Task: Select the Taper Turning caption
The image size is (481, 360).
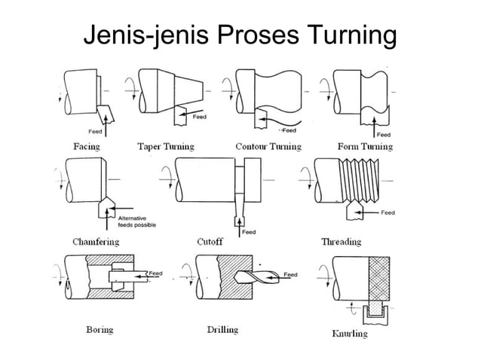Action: click(x=166, y=147)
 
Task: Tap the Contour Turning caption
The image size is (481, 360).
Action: click(x=268, y=147)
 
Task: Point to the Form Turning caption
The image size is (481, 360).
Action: click(x=366, y=147)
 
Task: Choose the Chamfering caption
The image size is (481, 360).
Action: click(x=95, y=242)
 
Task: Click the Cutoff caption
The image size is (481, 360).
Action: click(x=210, y=242)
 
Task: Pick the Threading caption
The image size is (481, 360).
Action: click(x=342, y=242)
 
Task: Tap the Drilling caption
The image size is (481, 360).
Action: click(x=222, y=329)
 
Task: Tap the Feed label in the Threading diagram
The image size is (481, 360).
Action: click(x=388, y=213)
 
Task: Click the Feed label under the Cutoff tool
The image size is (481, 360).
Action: click(x=249, y=232)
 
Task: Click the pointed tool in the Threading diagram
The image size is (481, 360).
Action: click(x=351, y=212)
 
